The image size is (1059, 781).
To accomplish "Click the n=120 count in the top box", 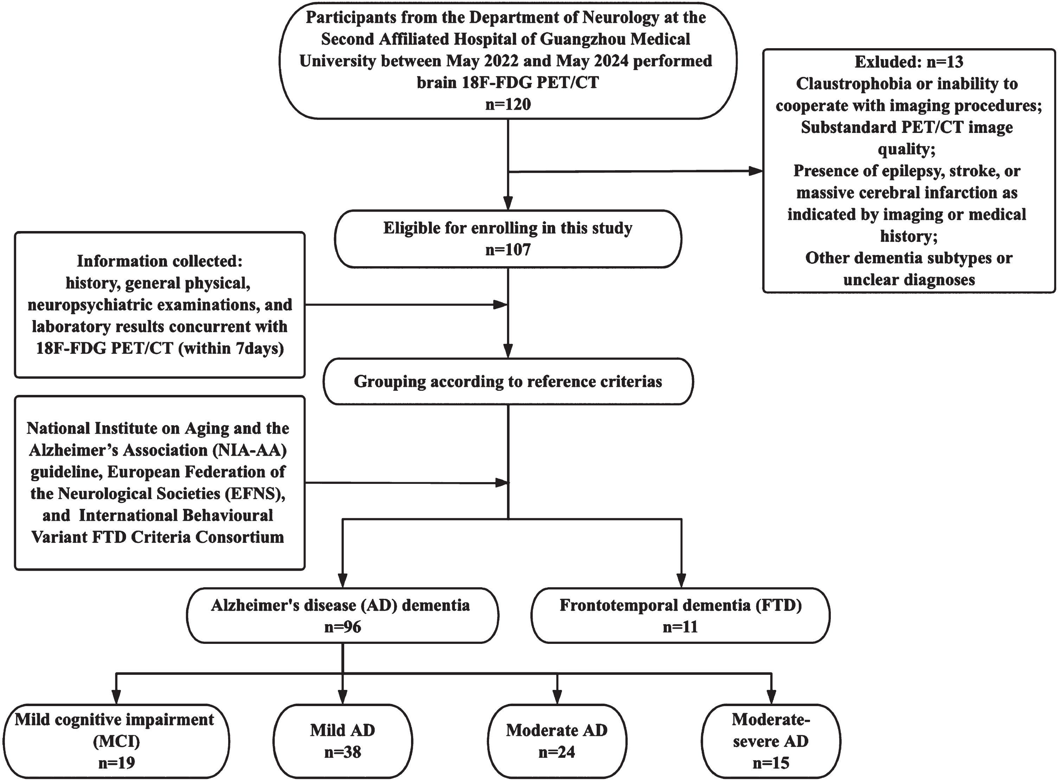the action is coord(508,104).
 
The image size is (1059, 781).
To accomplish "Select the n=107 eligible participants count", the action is coord(508,250).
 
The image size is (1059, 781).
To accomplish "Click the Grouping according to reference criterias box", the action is coord(508,382).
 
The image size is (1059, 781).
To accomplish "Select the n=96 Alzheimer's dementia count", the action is coord(342,627).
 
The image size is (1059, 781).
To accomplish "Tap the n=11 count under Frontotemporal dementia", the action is coord(680,627).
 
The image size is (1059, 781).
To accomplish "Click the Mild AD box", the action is coord(342,741).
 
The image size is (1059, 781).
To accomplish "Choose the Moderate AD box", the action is coord(557,741).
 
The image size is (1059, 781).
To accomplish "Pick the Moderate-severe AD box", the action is coord(771,741).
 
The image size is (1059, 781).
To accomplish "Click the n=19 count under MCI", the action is coord(117,763).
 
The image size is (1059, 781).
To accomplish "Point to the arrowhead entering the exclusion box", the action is coord(756,171).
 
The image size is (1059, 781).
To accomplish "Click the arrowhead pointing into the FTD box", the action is coord(681,581).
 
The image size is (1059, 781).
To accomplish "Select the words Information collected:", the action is coord(160,261).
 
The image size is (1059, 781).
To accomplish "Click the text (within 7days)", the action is coord(231,348).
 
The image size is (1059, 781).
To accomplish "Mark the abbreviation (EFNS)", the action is coord(254,494).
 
